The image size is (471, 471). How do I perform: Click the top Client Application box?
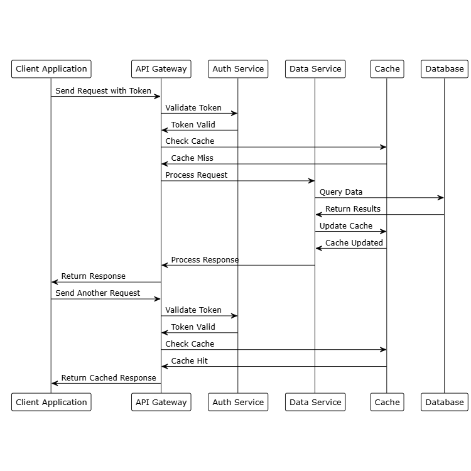[51, 69]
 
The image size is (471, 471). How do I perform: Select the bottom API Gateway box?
[161, 402]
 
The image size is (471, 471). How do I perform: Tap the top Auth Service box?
[238, 69]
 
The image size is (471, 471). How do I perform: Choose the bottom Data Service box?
[315, 402]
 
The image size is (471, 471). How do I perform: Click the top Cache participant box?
[387, 69]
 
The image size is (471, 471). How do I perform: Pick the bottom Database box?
[445, 402]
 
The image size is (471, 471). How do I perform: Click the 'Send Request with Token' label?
[103, 91]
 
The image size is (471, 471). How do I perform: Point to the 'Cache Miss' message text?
[192, 158]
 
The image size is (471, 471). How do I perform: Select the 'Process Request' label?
[197, 175]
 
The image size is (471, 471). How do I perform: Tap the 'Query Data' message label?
[341, 192]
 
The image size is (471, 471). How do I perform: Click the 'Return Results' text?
[353, 209]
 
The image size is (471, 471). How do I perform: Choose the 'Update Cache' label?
[346, 226]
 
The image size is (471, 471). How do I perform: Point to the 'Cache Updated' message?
[354, 243]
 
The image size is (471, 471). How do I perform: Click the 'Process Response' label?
[205, 260]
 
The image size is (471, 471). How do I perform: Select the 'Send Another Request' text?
[98, 293]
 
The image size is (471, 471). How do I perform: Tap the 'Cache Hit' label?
[190, 361]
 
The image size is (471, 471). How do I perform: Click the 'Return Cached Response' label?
[109, 378]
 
